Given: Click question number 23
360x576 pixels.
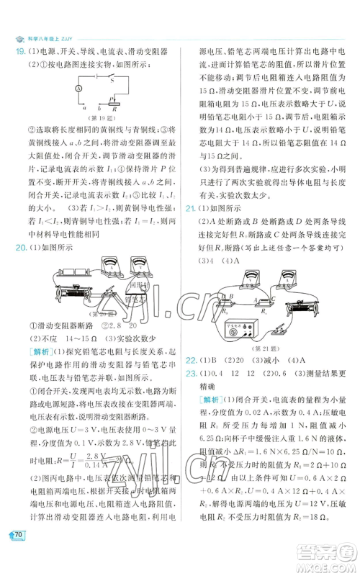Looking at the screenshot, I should tap(192, 372).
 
